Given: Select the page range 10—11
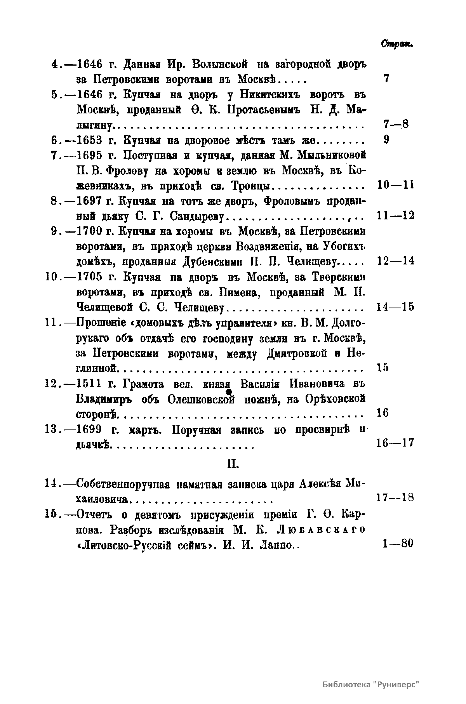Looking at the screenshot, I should [x=395, y=185].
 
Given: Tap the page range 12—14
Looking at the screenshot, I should [x=395, y=261].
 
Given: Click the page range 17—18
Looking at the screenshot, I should [x=395, y=497].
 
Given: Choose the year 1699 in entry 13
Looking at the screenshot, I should [x=89, y=430].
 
